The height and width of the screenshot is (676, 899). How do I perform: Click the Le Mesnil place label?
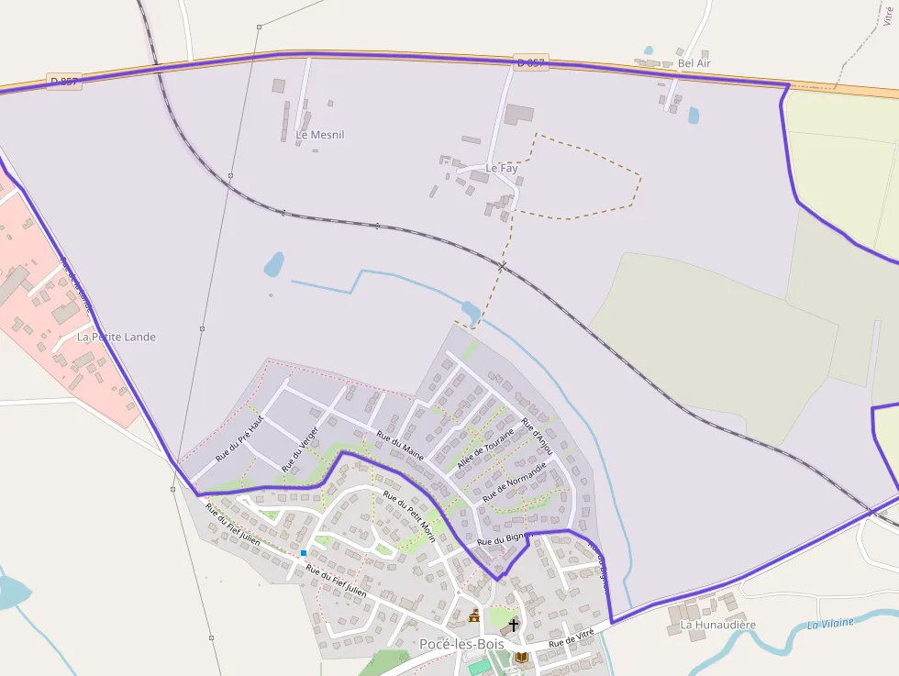pyautogui.click(x=320, y=135)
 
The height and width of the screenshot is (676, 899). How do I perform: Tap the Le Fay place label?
pyautogui.click(x=502, y=169)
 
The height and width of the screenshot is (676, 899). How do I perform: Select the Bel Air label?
pyautogui.click(x=694, y=63)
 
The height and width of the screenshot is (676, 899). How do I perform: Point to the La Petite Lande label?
pyautogui.click(x=117, y=337)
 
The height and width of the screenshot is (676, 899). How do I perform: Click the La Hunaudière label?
pyautogui.click(x=717, y=625)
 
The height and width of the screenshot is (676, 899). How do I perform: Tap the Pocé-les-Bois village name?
pyautogui.click(x=461, y=644)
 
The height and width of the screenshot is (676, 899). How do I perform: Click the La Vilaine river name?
pyautogui.click(x=830, y=624)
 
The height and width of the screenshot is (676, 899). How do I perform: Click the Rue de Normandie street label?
pyautogui.click(x=514, y=480)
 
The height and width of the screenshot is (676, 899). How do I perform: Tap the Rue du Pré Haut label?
pyautogui.click(x=239, y=438)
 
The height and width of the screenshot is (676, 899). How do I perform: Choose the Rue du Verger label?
pyautogui.click(x=301, y=449)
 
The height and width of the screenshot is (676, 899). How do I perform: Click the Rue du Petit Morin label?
pyautogui.click(x=409, y=516)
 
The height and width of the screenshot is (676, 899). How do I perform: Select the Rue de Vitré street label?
pyautogui.click(x=572, y=638)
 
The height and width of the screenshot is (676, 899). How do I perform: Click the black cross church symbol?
pyautogui.click(x=514, y=625)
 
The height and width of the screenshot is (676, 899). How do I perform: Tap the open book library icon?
pyautogui.click(x=522, y=657)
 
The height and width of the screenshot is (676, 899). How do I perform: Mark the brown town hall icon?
pyautogui.click(x=474, y=615)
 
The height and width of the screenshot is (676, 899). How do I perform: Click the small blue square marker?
pyautogui.click(x=304, y=553)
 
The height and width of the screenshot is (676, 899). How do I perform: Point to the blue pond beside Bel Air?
pyautogui.click(x=694, y=115)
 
